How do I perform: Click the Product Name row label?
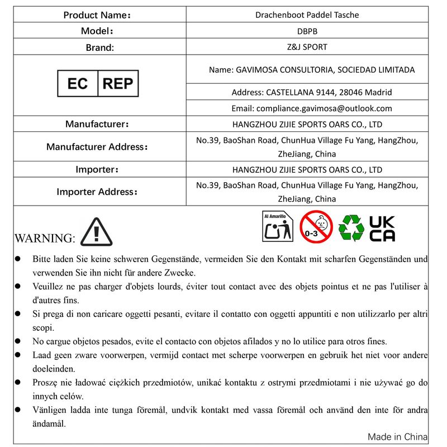97,15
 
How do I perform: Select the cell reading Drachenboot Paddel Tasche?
308,15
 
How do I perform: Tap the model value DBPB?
308,31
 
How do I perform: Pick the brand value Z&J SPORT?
308,47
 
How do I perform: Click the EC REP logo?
98,84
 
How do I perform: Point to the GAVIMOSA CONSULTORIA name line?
312,70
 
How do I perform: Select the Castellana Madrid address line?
312,92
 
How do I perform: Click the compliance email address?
312,108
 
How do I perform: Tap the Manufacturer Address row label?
97,147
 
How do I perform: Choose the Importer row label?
97,169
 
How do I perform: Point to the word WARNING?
45,239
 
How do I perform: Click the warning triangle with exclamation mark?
97,232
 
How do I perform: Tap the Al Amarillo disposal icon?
278,226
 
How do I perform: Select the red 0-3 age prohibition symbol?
316,227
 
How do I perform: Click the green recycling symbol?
351,227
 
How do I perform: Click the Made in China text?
397,436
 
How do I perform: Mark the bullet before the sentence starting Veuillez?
18,287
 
